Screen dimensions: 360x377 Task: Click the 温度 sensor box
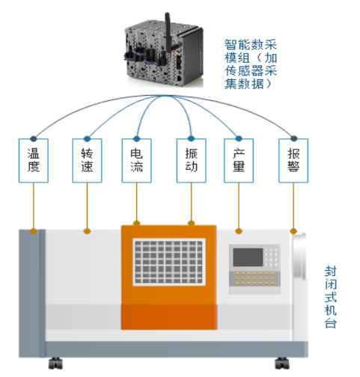34,161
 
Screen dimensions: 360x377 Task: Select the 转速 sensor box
87,161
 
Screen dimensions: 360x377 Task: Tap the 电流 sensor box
137,161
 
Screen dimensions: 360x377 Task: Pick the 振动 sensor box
192,161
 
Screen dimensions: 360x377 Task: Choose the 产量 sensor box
239,161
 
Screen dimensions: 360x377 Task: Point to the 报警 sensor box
293,161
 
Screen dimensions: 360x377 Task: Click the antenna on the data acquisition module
168,32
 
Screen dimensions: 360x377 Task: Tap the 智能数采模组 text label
251,64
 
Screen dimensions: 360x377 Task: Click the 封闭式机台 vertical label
331,297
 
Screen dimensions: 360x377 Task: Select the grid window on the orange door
169,262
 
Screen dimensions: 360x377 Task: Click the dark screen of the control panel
248,257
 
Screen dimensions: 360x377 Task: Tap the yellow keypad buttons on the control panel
254,278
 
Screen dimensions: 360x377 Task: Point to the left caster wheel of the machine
55,364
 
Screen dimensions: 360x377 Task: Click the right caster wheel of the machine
282,364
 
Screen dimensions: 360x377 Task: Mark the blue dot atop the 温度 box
34,138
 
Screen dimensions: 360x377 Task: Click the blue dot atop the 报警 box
293,138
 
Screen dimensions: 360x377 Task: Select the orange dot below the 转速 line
87,231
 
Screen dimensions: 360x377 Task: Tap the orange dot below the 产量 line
239,231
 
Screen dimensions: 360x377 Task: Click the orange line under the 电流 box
137,202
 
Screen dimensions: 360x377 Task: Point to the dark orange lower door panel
169,317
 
